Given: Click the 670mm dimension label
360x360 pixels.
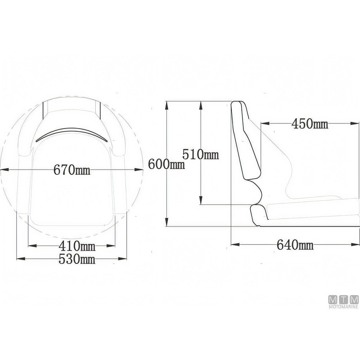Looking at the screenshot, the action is [72, 169].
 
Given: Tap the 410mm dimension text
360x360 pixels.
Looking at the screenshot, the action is [77, 246].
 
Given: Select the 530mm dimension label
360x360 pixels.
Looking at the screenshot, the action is [77, 259].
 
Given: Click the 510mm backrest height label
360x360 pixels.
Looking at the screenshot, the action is [200, 154].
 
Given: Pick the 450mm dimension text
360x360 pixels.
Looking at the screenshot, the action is [310, 124].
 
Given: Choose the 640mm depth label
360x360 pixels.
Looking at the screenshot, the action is [295, 245].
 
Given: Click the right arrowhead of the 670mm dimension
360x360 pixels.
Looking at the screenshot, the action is [139, 169].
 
